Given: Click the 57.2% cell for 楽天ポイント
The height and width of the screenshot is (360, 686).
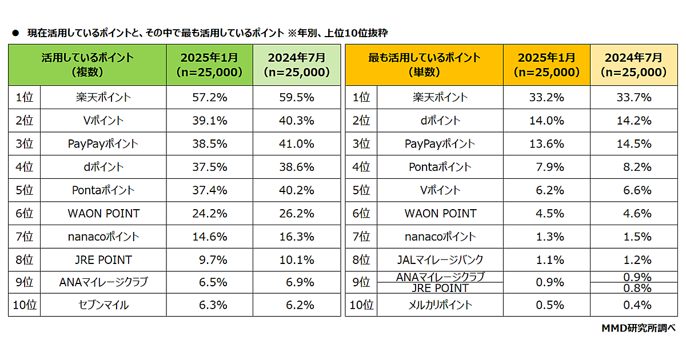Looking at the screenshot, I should (210, 97).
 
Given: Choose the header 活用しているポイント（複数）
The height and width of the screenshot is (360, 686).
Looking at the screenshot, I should (87, 65).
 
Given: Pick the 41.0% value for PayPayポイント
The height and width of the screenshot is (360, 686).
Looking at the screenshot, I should (297, 143).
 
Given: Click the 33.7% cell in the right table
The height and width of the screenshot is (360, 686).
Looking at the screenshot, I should (633, 97).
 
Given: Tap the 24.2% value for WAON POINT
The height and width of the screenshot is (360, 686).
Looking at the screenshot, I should (210, 213).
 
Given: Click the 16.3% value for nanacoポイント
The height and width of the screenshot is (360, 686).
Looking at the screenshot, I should (297, 236).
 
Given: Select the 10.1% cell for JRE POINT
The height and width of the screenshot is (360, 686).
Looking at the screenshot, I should (297, 259).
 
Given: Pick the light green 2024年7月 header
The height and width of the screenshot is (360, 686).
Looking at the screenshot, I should (297, 65).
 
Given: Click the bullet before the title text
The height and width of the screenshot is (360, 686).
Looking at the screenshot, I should (15, 33).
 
